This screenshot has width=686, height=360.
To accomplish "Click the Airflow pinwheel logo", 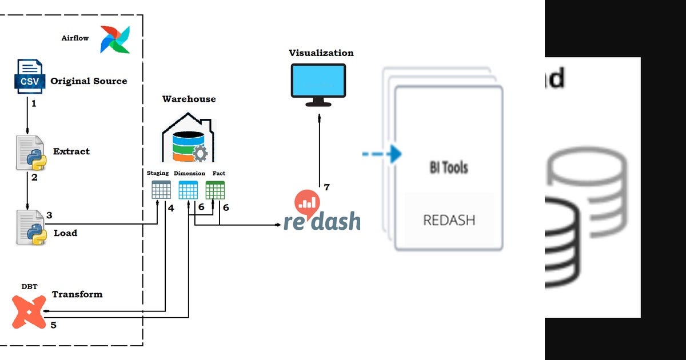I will click(115, 39).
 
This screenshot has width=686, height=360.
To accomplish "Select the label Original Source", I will click(89, 81).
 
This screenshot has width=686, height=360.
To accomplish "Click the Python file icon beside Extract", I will click(30, 153).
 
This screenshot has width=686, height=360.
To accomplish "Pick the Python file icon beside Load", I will click(30, 227).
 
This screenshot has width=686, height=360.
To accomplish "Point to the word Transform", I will click(77, 294).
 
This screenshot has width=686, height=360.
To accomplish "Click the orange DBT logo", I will click(29, 312).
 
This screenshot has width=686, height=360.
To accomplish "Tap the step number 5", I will click(54, 325).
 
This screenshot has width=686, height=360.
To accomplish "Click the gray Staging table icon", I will click(161, 190).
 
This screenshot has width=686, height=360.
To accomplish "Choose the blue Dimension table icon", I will click(188, 190).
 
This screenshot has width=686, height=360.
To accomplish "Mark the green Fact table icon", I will click(215, 190).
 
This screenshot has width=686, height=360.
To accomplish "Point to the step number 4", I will click(171, 208).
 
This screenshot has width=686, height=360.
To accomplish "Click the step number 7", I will click(326, 187).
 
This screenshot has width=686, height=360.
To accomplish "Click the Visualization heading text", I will click(321, 53).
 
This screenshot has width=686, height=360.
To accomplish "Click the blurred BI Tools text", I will click(449, 167).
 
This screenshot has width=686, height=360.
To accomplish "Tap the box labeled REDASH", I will click(449, 219).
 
